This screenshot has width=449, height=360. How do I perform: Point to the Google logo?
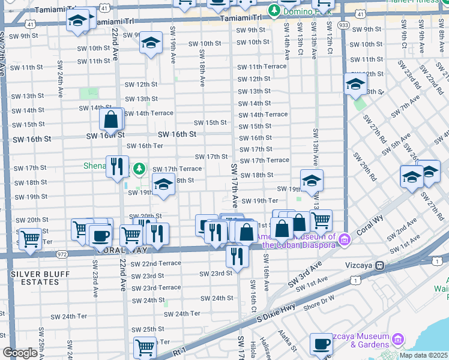click(x=20, y=353)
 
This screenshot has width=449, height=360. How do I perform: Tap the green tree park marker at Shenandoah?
click(x=139, y=168)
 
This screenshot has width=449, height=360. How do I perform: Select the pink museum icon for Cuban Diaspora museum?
click(x=344, y=241)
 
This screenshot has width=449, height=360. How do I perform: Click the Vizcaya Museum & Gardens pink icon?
click(x=397, y=341)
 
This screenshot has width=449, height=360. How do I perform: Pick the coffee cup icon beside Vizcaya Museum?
click(x=321, y=344)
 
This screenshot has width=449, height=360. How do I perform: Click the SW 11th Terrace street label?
click(x=262, y=67)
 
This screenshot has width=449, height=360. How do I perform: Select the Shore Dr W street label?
click(x=319, y=299)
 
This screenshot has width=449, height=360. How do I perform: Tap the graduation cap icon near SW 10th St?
click(x=151, y=43)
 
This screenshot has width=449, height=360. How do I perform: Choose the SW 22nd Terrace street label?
click(x=155, y=263)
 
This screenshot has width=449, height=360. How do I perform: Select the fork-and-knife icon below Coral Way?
click(x=238, y=256)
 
